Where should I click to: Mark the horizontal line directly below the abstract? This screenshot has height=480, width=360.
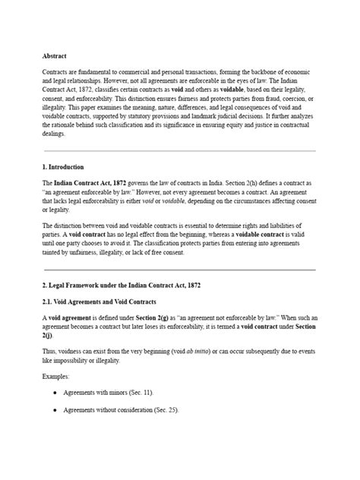pyautogui.click(x=180, y=150)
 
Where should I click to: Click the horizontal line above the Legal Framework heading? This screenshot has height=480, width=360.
pyautogui.click(x=180, y=269)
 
